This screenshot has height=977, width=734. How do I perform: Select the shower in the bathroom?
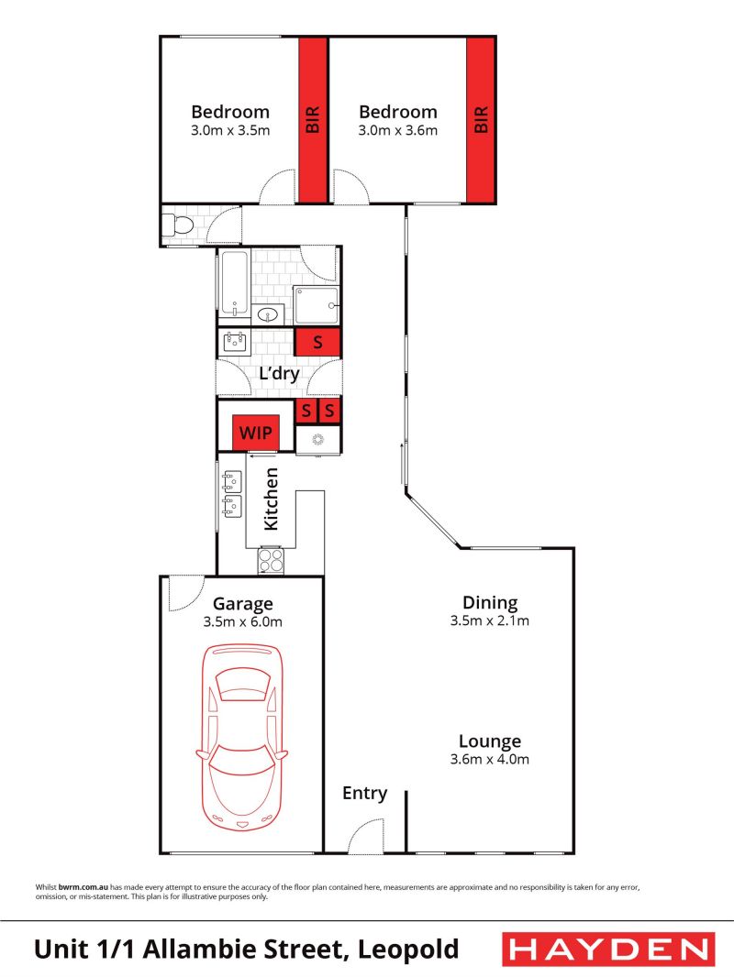pos(317,305)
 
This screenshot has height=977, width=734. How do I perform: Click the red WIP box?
pos(255,432)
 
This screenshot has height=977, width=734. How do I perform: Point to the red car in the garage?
pos(242,737)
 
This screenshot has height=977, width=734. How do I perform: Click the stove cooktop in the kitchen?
pos(271,561)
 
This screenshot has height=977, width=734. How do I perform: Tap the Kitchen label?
pos(271,499)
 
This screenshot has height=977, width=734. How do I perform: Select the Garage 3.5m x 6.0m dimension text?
pos(242,621)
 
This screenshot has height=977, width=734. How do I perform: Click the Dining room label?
pos(490,602)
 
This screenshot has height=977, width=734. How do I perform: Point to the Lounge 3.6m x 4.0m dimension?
pos(490,759)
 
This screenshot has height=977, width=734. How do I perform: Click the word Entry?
pos(365,793)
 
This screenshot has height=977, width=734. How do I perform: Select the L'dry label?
pos(280,373)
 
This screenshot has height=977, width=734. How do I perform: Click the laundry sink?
pos(234,342)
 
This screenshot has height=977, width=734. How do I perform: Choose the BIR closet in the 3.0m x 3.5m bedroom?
pos(313,120)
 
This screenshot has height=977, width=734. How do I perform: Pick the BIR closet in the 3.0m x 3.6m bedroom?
pos(481,120)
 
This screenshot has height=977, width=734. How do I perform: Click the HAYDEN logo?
pos(608,950)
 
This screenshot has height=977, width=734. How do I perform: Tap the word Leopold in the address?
pos(408,950)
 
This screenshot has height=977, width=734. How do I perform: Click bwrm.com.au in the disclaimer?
pos(83,887)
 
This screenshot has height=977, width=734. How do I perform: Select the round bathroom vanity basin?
pos(268,314)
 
